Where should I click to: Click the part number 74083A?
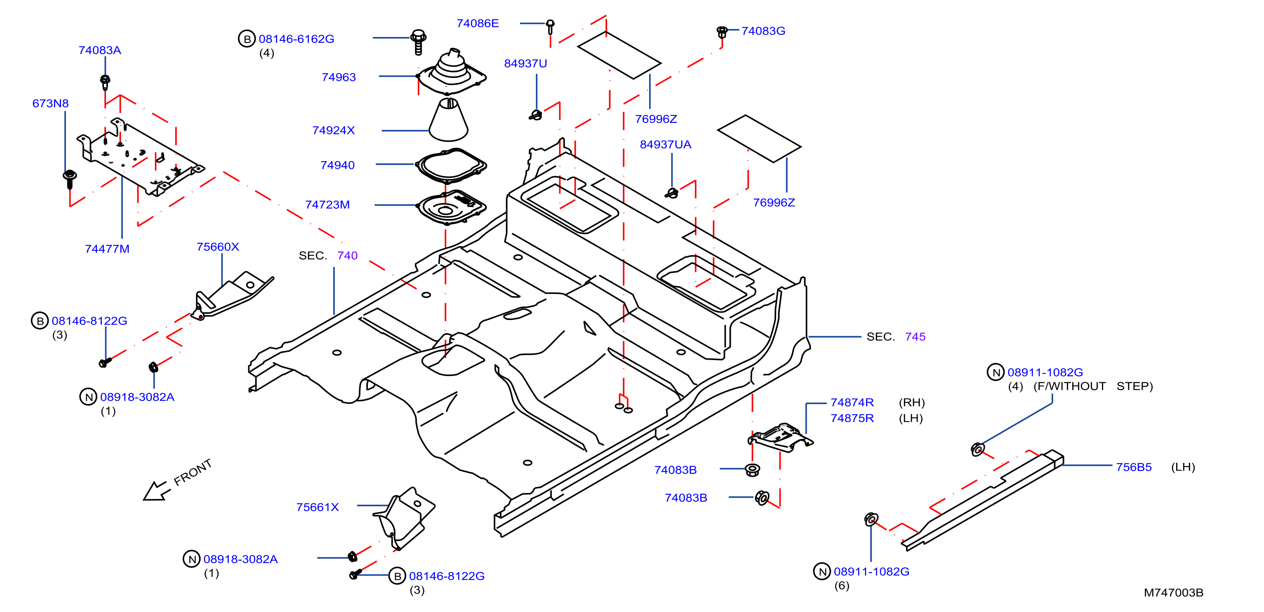click(x=100, y=50)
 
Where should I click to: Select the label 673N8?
click(x=51, y=104)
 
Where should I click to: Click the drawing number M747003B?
click(x=1173, y=592)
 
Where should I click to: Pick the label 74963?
click(x=339, y=77)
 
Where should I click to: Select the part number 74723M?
click(x=327, y=205)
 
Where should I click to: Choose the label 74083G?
click(x=763, y=31)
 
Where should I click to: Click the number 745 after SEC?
click(x=915, y=337)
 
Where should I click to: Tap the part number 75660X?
click(x=218, y=247)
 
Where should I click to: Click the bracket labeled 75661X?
click(x=404, y=518)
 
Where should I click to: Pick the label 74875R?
click(x=852, y=418)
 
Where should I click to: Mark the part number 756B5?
click(x=1134, y=467)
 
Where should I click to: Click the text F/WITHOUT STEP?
click(x=1093, y=386)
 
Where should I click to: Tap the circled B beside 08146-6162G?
click(x=247, y=39)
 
